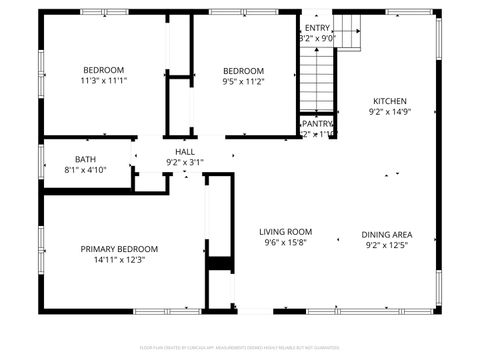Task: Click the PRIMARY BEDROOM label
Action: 119,248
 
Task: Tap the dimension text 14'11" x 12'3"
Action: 119,260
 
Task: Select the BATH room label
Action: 85,159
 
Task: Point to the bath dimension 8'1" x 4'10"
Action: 85,170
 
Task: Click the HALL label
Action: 185,151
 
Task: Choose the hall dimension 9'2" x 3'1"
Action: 185,162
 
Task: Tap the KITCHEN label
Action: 390,101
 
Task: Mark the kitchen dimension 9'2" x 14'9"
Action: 390,113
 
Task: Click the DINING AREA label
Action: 387,235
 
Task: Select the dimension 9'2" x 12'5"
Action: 387,246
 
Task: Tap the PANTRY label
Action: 318,123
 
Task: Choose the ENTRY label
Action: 318,27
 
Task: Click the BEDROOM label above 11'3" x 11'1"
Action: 104,69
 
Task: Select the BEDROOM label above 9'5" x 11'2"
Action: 243,70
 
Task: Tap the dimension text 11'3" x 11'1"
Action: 104,81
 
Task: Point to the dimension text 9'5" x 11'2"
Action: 243,82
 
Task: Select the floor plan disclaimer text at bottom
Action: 240,347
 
